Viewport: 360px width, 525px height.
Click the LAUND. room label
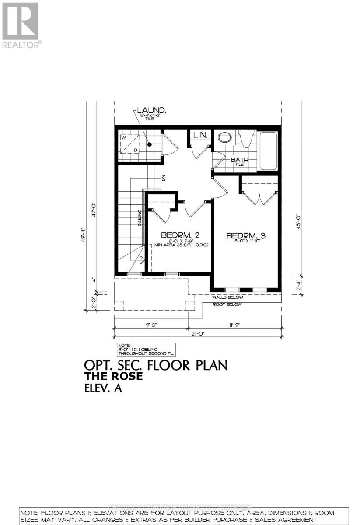(151, 110)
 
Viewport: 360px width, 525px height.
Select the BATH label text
(240, 160)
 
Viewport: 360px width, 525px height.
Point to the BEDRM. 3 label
(246, 236)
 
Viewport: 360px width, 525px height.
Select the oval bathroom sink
(225, 137)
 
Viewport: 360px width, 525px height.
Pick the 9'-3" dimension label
(151, 325)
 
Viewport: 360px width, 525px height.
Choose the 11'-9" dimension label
(235, 325)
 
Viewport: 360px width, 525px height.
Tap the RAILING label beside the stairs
(140, 217)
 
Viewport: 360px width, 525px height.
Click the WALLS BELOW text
(227, 297)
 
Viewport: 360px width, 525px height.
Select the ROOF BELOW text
(227, 304)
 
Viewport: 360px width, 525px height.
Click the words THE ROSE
(114, 376)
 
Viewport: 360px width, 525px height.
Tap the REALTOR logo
(21, 24)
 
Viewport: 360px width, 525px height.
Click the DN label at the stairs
(163, 178)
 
